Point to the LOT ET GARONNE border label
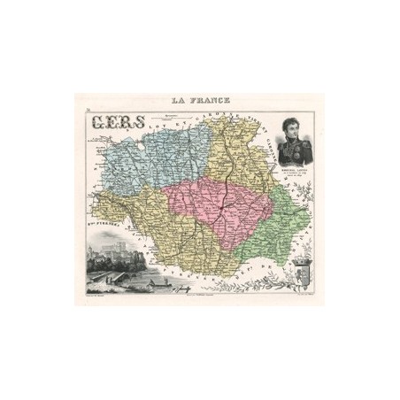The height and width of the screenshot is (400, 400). coord(177,124)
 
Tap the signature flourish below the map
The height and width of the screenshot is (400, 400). coord(181,288)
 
